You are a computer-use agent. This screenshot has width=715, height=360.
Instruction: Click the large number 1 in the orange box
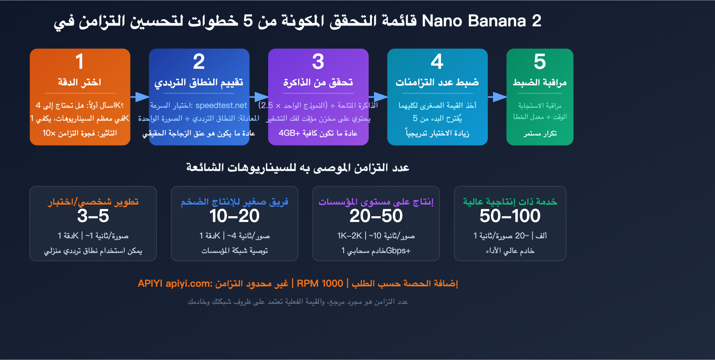click(80, 62)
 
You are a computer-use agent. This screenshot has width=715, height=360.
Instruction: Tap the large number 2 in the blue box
click(199, 62)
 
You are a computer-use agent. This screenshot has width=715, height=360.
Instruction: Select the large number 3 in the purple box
click(318, 62)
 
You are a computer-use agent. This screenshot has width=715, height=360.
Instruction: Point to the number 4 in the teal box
click(437, 62)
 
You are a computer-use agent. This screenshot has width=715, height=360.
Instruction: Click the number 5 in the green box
click(540, 62)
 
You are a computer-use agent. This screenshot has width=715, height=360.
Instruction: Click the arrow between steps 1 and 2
click(140, 97)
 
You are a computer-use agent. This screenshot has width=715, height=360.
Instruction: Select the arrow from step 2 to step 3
click(259, 97)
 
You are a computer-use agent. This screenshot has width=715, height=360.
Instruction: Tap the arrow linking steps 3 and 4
click(378, 97)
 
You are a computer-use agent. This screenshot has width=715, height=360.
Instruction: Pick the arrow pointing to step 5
click(497, 97)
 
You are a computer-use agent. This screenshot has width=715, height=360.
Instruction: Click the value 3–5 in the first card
click(93, 216)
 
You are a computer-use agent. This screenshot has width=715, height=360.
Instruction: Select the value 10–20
click(234, 216)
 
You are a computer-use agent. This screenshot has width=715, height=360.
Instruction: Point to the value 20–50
click(376, 216)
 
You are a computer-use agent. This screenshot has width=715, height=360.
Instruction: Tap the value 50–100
click(510, 216)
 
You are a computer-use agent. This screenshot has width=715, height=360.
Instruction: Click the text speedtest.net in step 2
click(221, 105)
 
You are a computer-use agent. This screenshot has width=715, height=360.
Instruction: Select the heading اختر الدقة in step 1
click(80, 82)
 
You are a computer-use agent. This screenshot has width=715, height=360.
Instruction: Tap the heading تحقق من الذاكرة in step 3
click(318, 82)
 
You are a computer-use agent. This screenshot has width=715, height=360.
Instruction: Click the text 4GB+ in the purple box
click(289, 133)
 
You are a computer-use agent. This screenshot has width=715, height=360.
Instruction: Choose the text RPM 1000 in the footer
click(320, 284)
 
